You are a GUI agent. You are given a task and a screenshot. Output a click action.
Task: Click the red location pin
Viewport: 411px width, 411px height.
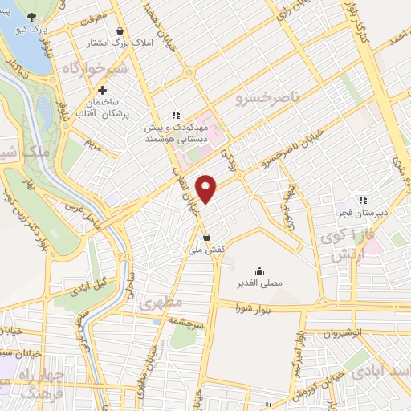[x=208, y=187]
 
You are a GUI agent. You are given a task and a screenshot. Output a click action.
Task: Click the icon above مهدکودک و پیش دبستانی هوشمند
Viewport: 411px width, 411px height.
[x=176, y=115]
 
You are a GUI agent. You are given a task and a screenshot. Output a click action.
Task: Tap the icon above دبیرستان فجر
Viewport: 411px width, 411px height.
[x=362, y=200]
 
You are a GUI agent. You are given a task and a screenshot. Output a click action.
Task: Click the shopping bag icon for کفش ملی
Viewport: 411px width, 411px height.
[x=208, y=238]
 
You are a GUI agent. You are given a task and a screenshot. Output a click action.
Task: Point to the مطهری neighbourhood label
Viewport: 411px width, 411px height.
[x=161, y=303]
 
